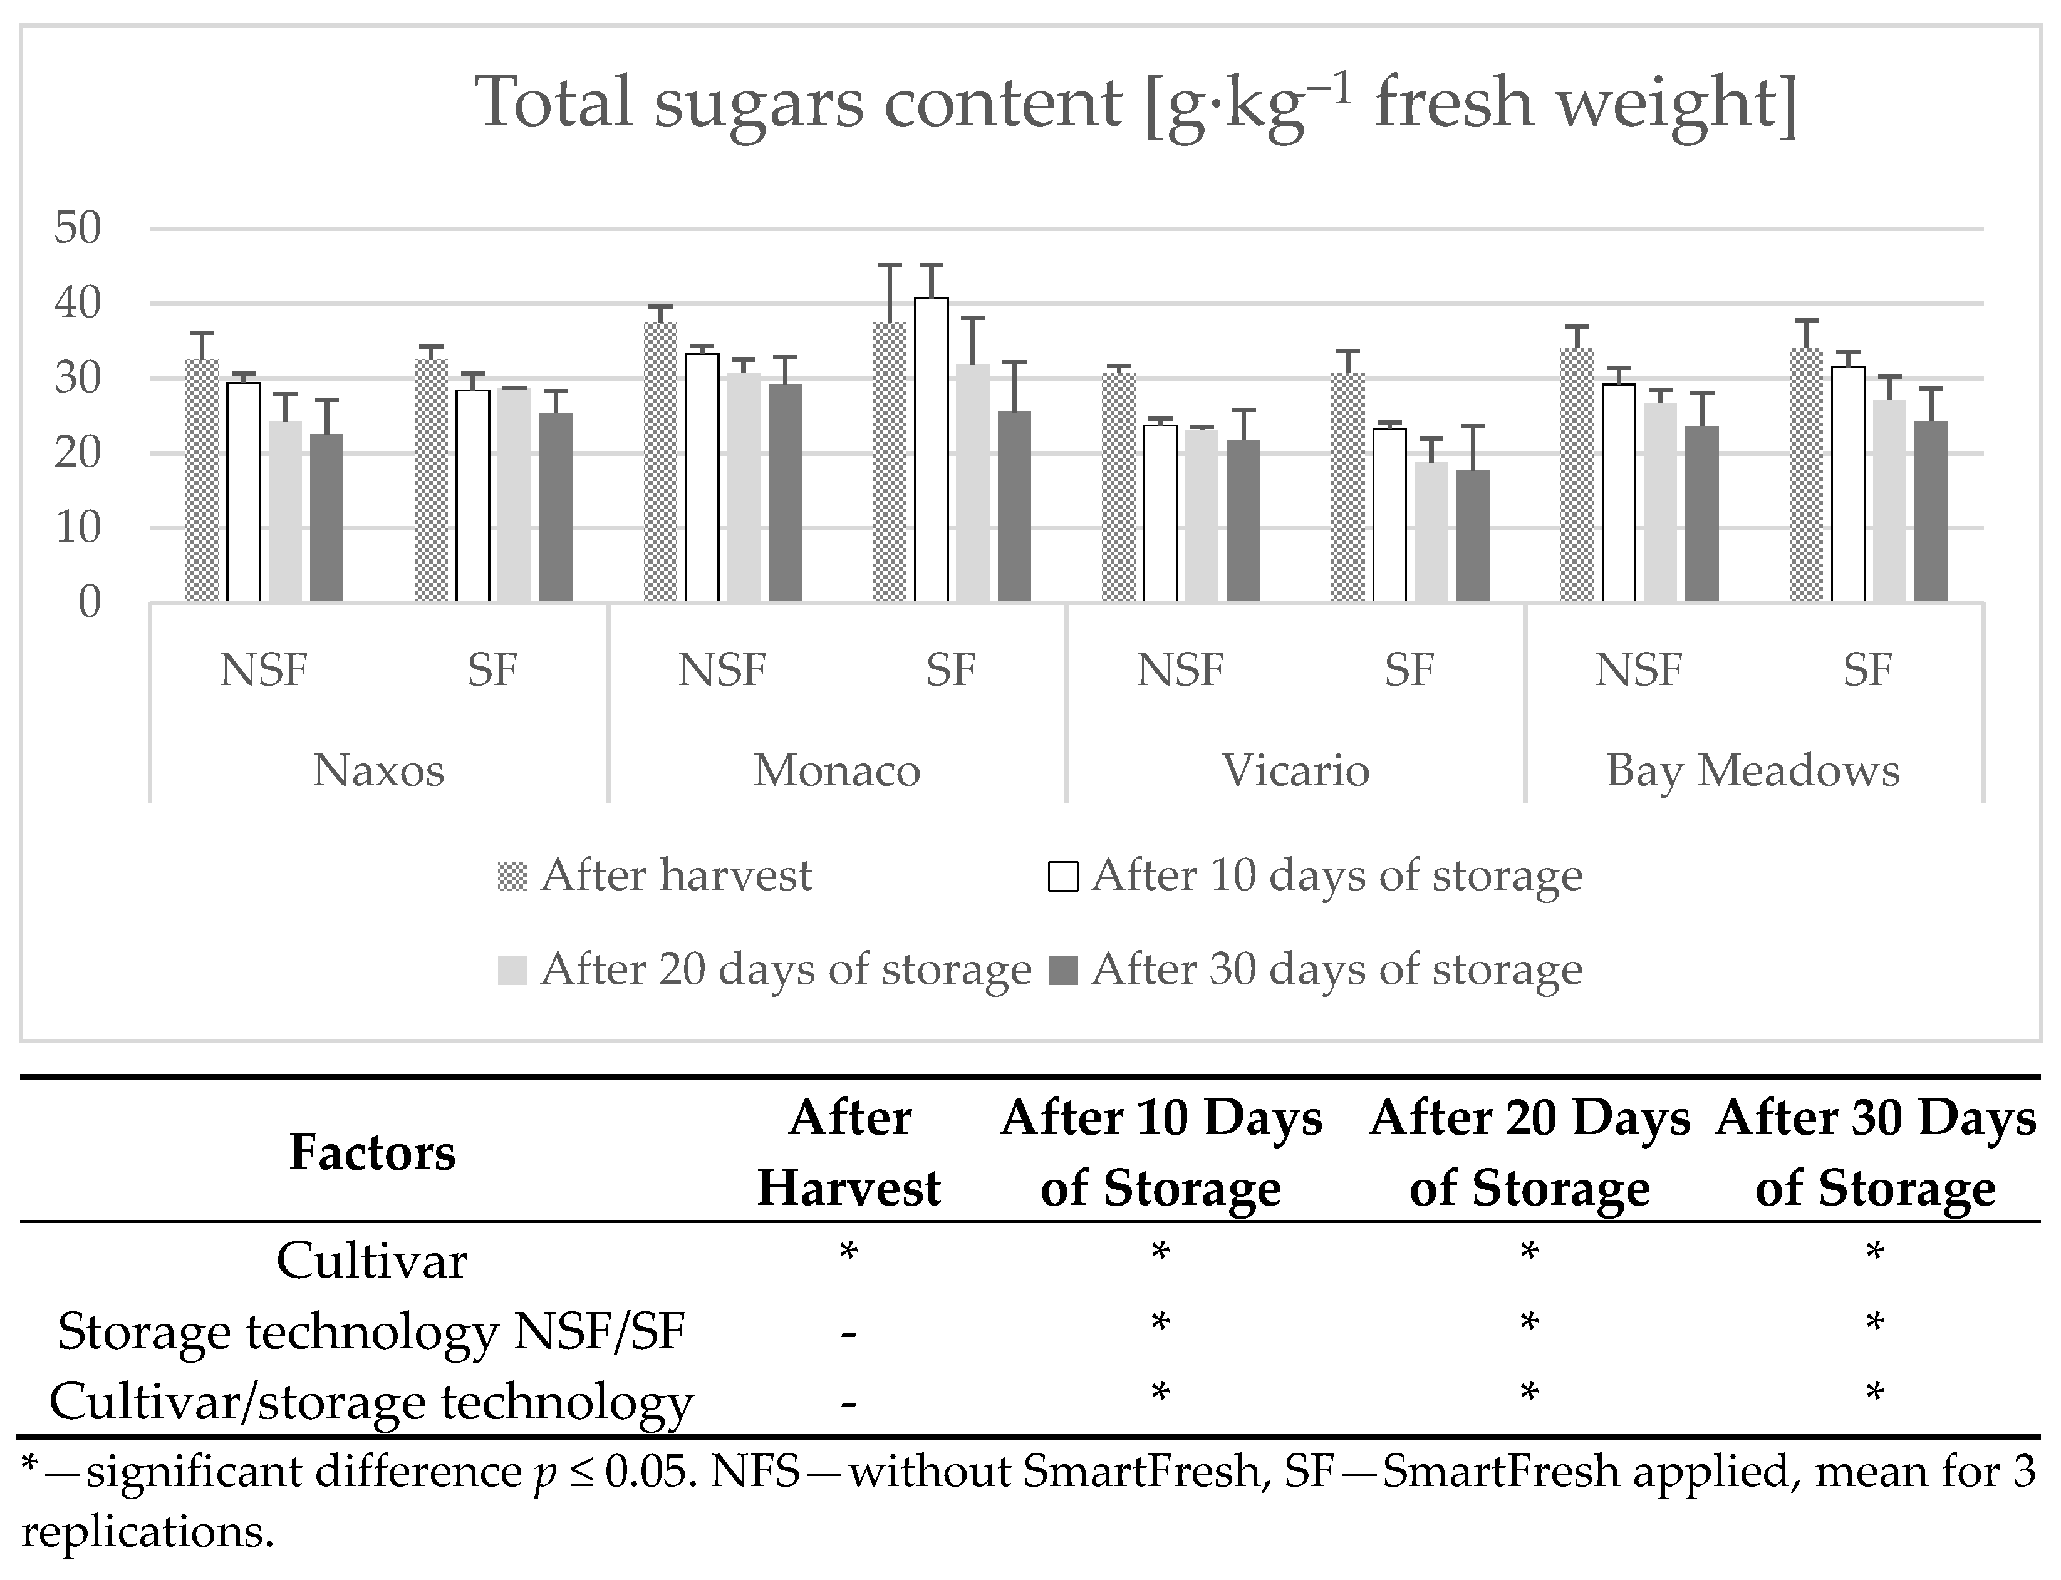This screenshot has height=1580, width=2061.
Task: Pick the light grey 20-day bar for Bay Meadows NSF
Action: (x=1660, y=502)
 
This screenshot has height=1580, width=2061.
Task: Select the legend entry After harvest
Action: (x=675, y=875)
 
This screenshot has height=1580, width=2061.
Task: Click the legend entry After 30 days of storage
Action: (x=1336, y=969)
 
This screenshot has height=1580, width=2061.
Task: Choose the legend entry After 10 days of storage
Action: (x=1336, y=875)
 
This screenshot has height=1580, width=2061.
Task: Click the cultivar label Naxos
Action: (x=378, y=770)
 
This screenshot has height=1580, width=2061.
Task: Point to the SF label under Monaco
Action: (x=951, y=669)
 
